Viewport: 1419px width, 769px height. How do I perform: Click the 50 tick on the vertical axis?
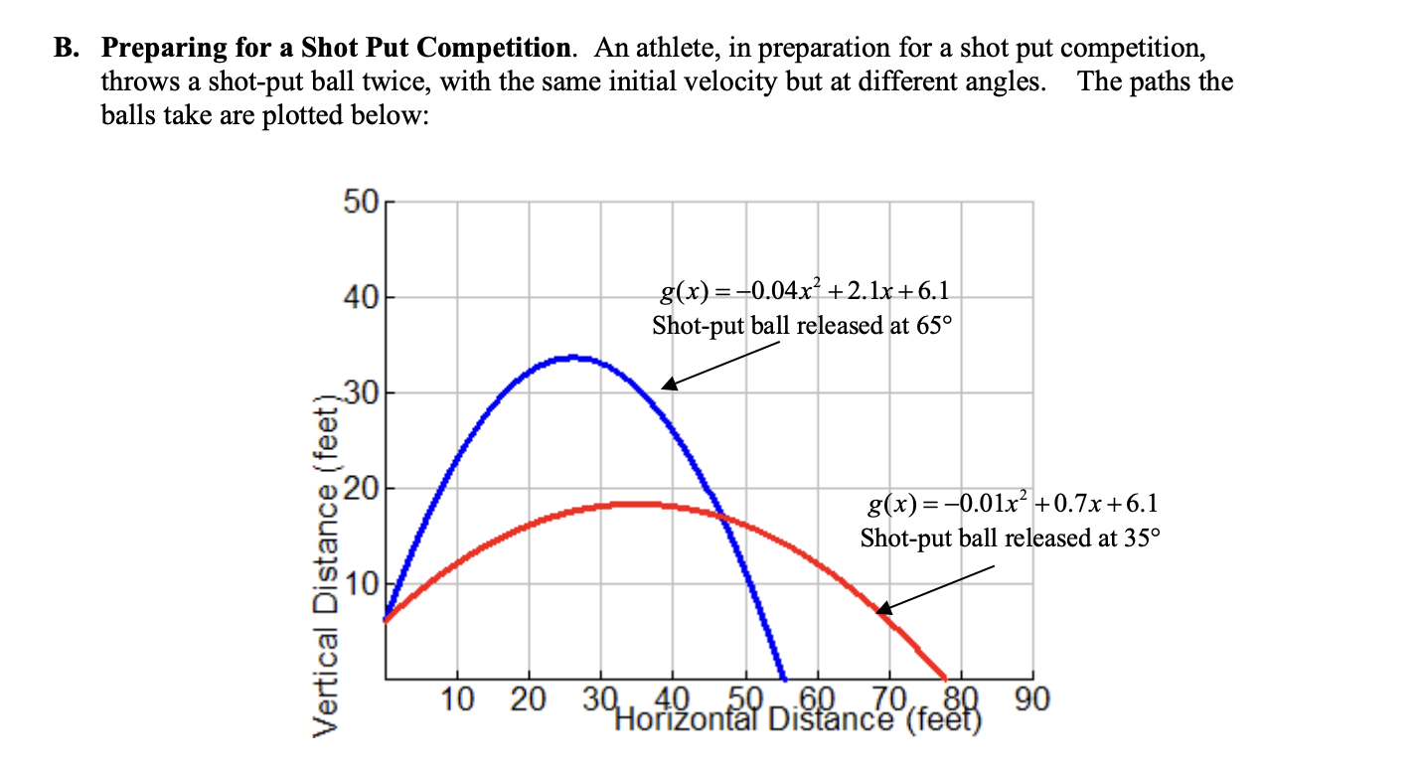tap(361, 203)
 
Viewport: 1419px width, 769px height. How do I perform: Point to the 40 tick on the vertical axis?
tap(361, 297)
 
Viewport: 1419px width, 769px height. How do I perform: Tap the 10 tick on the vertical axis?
tap(361, 583)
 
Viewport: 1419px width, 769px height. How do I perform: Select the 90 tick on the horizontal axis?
tap(1031, 699)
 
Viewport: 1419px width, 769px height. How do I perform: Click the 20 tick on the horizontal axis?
tap(529, 699)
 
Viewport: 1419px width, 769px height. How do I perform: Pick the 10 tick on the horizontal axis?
tap(457, 699)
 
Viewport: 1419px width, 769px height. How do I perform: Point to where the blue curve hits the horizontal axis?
tap(783, 677)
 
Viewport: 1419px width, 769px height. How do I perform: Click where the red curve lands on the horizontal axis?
tap(945, 677)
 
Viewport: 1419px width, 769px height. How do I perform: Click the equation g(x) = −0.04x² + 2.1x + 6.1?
tap(804, 290)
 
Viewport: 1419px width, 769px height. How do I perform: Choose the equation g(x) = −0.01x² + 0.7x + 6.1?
tap(1012, 504)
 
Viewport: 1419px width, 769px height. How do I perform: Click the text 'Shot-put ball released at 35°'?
tap(1010, 538)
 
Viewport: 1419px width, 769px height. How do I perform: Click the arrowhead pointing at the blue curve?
tap(669, 384)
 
